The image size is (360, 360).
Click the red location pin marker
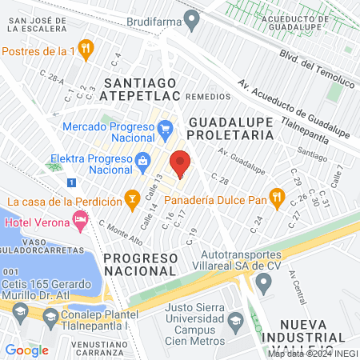[x=181, y=162]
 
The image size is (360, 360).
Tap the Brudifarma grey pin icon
[x=190, y=17]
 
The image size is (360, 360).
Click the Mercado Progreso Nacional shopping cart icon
[x=166, y=128]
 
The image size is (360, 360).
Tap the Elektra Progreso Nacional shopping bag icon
[x=142, y=159]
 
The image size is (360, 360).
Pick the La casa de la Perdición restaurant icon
[x=132, y=194]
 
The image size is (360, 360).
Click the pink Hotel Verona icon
[x=79, y=218]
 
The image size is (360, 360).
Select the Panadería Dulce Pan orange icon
[x=277, y=194]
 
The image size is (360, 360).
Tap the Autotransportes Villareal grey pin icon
[x=263, y=281]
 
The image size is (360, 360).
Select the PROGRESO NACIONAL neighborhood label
[x=139, y=264]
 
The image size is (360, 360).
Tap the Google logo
[x=26, y=350]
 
